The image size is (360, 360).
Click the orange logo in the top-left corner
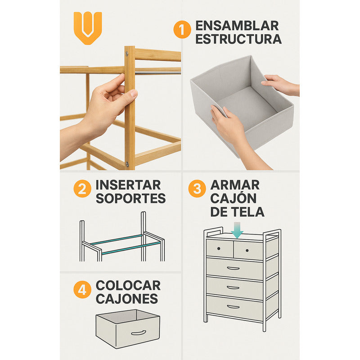coord(88,27)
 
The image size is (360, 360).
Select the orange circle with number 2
coord(82,189)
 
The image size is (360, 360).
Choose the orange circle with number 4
coord(82,290)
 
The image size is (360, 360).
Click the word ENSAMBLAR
coord(237,25)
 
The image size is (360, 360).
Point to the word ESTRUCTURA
coord(238,39)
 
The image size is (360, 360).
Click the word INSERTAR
coord(128,184)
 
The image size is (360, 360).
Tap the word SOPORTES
coord(130,198)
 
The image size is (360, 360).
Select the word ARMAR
coord(235,184)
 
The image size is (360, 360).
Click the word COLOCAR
coord(128,285)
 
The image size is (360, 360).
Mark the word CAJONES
coord(127,299)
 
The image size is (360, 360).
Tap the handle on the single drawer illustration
coord(139,333)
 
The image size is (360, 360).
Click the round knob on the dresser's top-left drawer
coord(219,248)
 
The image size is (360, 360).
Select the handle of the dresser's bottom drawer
coord(233,307)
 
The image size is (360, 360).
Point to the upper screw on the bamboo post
coord(126,54)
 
